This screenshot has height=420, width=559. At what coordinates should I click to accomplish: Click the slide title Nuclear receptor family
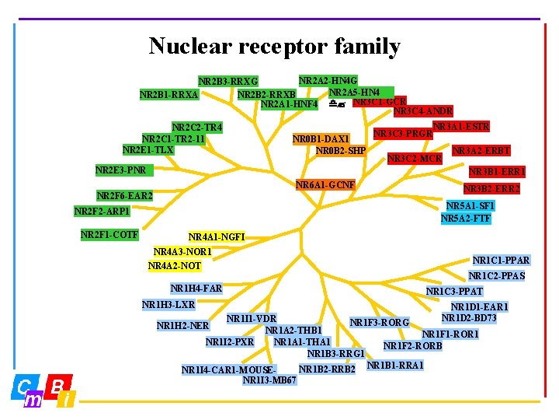(x=274, y=47)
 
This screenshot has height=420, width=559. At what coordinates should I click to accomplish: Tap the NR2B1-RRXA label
(x=168, y=95)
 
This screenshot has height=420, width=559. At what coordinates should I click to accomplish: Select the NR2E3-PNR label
(x=120, y=170)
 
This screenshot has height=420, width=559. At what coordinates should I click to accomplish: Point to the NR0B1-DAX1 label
(x=321, y=139)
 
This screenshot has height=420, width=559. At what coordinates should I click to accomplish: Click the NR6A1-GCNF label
(x=325, y=185)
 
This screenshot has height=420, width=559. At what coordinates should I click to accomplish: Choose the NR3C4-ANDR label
(x=423, y=111)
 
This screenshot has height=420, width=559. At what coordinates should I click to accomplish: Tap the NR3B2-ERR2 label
(x=491, y=188)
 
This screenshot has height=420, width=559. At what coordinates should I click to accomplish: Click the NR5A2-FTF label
(x=466, y=219)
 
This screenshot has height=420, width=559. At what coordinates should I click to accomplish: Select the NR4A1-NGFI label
(x=217, y=236)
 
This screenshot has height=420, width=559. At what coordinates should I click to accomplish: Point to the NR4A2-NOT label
(x=175, y=266)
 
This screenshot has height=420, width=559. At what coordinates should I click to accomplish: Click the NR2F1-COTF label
(x=109, y=234)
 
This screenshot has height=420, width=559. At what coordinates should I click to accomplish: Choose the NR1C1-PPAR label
(x=502, y=261)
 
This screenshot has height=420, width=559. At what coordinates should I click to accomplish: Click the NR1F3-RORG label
(x=380, y=322)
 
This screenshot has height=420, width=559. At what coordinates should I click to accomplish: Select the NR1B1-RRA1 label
(x=395, y=365)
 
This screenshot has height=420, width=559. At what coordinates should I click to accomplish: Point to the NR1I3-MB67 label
(x=269, y=380)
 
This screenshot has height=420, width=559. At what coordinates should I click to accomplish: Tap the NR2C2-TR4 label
(x=197, y=128)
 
